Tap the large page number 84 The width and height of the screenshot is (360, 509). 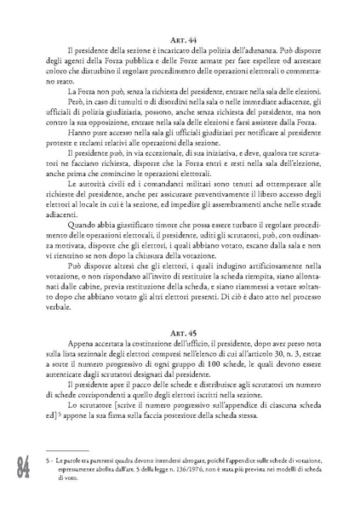pos(20,466)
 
